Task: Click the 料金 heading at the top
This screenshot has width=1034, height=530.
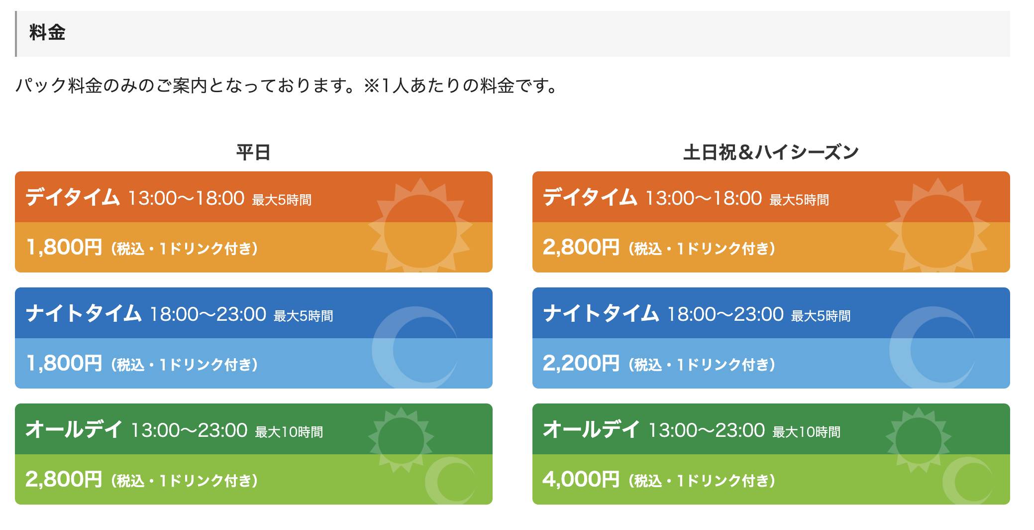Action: click(47, 33)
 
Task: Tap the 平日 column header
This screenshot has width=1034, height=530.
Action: click(253, 152)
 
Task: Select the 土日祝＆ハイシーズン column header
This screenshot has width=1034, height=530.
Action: click(771, 152)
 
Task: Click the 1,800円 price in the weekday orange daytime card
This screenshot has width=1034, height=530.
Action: click(64, 247)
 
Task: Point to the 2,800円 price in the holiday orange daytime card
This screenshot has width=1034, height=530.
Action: click(581, 247)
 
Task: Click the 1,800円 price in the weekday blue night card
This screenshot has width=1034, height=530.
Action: click(64, 363)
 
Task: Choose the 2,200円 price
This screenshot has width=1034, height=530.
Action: click(581, 363)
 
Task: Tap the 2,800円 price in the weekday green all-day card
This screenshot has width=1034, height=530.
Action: click(64, 479)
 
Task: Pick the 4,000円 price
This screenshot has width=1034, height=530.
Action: click(581, 479)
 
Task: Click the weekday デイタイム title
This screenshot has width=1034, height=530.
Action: click(73, 197)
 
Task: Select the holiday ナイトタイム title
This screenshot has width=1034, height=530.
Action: click(601, 313)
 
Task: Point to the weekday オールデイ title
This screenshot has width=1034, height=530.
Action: click(74, 429)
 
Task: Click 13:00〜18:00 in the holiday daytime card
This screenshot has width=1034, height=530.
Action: click(704, 198)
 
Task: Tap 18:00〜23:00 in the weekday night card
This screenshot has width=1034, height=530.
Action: click(208, 314)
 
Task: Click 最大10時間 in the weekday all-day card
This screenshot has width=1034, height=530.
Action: click(289, 432)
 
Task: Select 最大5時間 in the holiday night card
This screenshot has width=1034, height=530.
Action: click(821, 316)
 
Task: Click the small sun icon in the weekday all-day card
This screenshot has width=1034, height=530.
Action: click(401, 440)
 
